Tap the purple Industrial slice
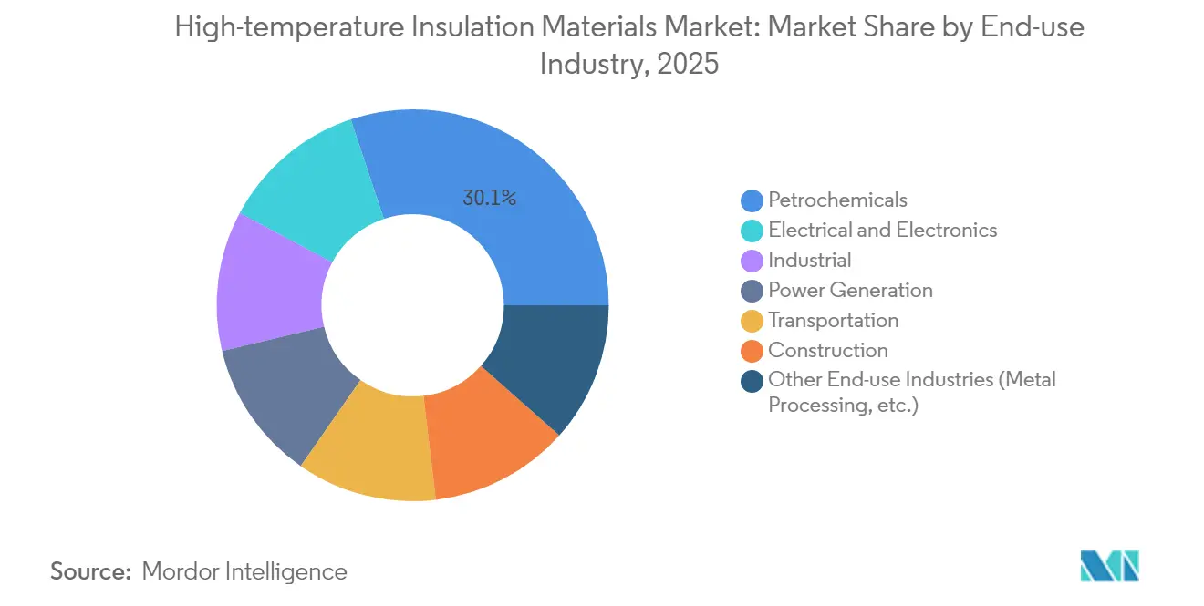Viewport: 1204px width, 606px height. (270, 282)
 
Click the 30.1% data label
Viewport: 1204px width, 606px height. (490, 198)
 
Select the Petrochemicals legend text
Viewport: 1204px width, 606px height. (837, 200)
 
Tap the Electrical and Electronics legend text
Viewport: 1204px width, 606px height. (882, 230)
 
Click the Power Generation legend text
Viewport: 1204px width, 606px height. (850, 290)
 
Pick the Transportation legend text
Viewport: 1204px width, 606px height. (833, 320)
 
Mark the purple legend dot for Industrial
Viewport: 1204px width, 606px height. (752, 261)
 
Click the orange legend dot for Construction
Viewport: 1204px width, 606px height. (752, 351)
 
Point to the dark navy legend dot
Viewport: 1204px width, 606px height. (752, 381)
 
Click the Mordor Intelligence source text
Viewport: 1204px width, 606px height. (244, 571)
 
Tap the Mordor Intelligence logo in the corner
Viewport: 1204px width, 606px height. (1109, 566)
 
